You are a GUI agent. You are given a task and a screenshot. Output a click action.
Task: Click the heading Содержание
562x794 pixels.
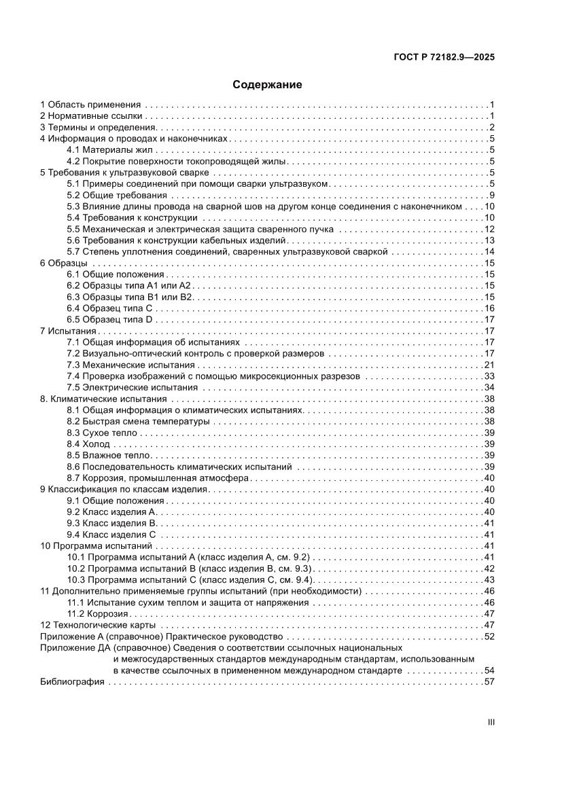pyautogui.click(x=267, y=85)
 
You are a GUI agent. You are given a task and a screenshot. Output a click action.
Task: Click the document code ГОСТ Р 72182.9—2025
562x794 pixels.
pyautogui.click(x=444, y=57)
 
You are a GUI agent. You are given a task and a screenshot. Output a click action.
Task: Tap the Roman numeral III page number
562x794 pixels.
pyautogui.click(x=491, y=722)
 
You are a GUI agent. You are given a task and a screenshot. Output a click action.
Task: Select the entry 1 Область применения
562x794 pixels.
pyautogui.click(x=90, y=105)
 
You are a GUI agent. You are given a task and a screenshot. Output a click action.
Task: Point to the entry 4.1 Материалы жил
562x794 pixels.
pyautogui.click(x=111, y=150)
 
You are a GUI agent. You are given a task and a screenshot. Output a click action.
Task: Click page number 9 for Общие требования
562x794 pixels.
pyautogui.click(x=491, y=196)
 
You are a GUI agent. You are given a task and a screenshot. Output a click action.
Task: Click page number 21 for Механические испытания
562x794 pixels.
pyautogui.click(x=489, y=365)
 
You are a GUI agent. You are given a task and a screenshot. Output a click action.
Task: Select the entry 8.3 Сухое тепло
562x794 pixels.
pyautogui.click(x=102, y=433)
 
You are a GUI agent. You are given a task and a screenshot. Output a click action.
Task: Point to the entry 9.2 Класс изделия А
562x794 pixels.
pyautogui.click(x=112, y=511)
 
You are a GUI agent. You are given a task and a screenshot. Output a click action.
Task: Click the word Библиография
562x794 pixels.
pyautogui.click(x=72, y=682)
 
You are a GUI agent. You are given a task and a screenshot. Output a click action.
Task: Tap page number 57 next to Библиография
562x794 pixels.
pyautogui.click(x=489, y=682)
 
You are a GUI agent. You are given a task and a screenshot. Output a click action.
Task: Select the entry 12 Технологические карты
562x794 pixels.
pyautogui.click(x=98, y=625)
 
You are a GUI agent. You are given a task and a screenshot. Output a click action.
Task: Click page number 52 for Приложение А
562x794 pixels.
pyautogui.click(x=489, y=636)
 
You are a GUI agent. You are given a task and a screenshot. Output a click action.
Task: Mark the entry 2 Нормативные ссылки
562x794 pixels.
pyautogui.click(x=90, y=116)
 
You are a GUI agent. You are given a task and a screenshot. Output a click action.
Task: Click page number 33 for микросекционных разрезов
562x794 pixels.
pyautogui.click(x=489, y=376)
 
